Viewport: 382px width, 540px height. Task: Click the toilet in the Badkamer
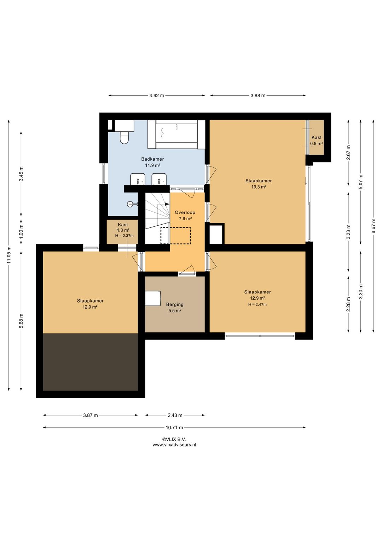click(124, 138)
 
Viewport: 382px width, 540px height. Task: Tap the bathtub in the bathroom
click(176, 134)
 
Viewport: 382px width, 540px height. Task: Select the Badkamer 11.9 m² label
click(152, 162)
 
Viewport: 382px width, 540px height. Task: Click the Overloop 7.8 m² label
click(185, 216)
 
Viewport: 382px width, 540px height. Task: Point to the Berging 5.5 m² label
click(175, 308)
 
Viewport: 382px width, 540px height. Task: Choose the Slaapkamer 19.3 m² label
click(259, 184)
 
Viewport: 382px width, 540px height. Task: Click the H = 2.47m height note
click(257, 304)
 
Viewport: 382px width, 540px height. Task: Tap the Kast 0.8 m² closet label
click(317, 140)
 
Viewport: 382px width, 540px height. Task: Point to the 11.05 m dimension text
click(9, 255)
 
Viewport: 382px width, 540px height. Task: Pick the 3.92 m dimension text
click(157, 96)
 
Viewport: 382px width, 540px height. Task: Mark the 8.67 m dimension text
click(373, 226)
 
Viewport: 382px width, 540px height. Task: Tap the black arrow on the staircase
click(167, 204)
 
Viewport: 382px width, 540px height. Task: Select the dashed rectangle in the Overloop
click(176, 236)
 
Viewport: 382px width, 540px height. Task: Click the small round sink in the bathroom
click(130, 204)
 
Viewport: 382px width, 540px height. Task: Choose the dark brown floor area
click(91, 362)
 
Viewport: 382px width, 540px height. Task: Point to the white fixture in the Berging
click(153, 298)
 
